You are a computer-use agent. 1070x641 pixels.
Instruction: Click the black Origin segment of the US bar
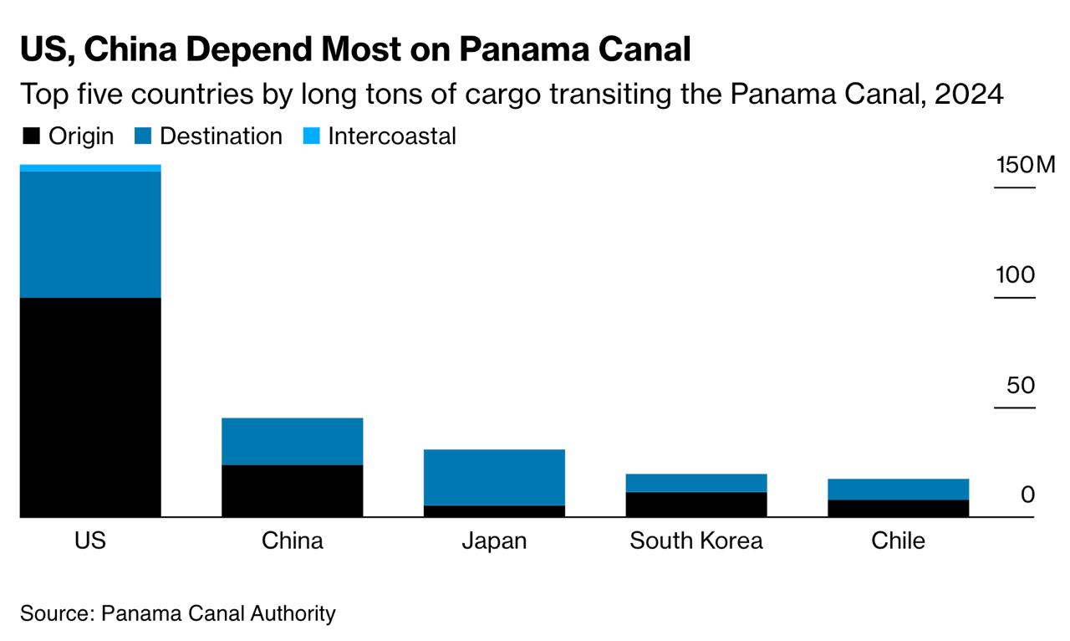pyautogui.click(x=90, y=408)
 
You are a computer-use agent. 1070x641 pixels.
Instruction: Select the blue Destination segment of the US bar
pyautogui.click(x=90, y=234)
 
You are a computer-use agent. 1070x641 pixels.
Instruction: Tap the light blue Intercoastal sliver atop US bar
pyautogui.click(x=90, y=168)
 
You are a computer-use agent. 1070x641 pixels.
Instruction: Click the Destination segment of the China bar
pyautogui.click(x=292, y=441)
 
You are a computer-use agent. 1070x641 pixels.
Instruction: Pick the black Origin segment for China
pyautogui.click(x=292, y=491)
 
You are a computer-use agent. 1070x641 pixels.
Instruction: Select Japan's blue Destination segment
pyautogui.click(x=494, y=477)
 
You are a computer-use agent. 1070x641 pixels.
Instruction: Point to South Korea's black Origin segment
pyautogui.click(x=696, y=505)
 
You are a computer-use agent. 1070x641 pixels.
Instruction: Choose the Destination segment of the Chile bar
pyautogui.click(x=899, y=489)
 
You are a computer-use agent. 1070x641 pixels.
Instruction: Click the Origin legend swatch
pyautogui.click(x=30, y=136)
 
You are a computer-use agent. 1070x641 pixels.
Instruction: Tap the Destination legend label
pyautogui.click(x=221, y=136)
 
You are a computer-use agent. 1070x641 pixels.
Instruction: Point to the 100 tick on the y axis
pyautogui.click(x=1016, y=275)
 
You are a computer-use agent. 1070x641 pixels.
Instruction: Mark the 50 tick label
pyautogui.click(x=1021, y=386)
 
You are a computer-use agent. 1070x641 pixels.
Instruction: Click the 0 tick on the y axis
pyautogui.click(x=1027, y=495)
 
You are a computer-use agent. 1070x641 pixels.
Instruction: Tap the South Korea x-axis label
pyautogui.click(x=696, y=541)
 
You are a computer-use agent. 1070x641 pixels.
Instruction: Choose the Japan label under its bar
pyautogui.click(x=494, y=541)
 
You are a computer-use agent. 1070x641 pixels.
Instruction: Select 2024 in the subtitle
pyautogui.click(x=969, y=94)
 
